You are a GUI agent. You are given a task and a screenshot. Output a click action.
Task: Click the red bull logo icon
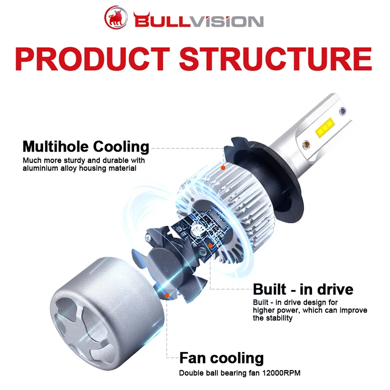click(x=117, y=19)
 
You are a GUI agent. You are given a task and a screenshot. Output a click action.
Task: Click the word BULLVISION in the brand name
click(x=198, y=21)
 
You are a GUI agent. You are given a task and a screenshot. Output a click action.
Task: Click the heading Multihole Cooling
click(x=86, y=146)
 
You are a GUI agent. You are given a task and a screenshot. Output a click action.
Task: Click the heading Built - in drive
click(x=303, y=289)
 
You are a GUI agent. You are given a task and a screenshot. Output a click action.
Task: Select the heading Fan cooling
click(x=221, y=358)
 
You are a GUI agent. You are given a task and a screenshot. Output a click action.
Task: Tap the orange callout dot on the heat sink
click(x=223, y=168)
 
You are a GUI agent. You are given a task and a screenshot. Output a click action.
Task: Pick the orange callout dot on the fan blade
click(x=167, y=295)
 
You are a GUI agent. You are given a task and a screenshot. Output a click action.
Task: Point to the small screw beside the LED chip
click(x=307, y=145)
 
